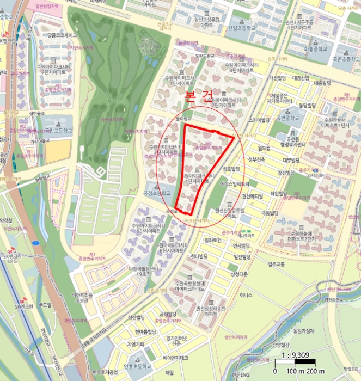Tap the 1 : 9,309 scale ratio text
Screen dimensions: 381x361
point(296,356)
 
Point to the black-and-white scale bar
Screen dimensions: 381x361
point(296,365)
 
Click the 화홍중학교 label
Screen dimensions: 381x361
point(315,48)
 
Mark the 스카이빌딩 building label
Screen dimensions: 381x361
point(259,120)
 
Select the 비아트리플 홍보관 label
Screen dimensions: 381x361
point(83,297)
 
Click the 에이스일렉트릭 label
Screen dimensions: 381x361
point(237,184)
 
